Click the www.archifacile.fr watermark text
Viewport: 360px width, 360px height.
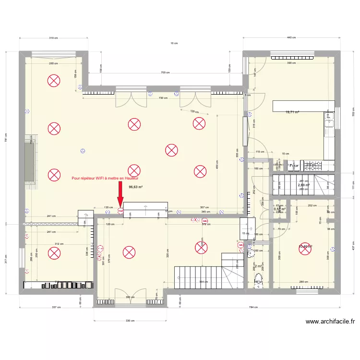coord(330,322)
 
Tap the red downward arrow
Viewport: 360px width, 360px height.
coord(120,198)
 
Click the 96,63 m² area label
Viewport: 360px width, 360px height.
coord(136,187)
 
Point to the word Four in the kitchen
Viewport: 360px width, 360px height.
coord(294,166)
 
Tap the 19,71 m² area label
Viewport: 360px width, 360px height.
coord(292,112)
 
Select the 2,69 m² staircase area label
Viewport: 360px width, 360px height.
coord(303,185)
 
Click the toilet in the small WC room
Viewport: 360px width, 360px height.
coord(259,281)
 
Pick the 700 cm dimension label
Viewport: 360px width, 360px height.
coord(165,72)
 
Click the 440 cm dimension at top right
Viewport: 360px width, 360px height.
coord(291,38)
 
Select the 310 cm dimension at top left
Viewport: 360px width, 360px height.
coord(53,38)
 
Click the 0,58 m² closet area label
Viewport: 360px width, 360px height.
coord(279,209)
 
